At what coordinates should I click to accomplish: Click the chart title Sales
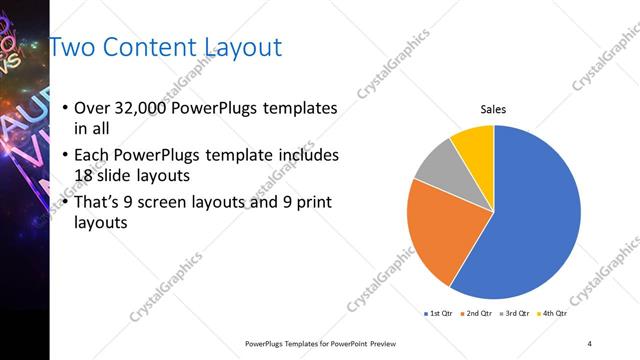click(x=494, y=108)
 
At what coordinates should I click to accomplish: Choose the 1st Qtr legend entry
click(x=438, y=313)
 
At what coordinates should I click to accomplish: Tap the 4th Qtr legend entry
click(x=555, y=313)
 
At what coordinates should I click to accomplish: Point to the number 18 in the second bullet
click(x=86, y=175)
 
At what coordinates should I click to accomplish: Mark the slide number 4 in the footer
click(x=590, y=343)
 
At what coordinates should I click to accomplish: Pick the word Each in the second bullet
click(x=93, y=155)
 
